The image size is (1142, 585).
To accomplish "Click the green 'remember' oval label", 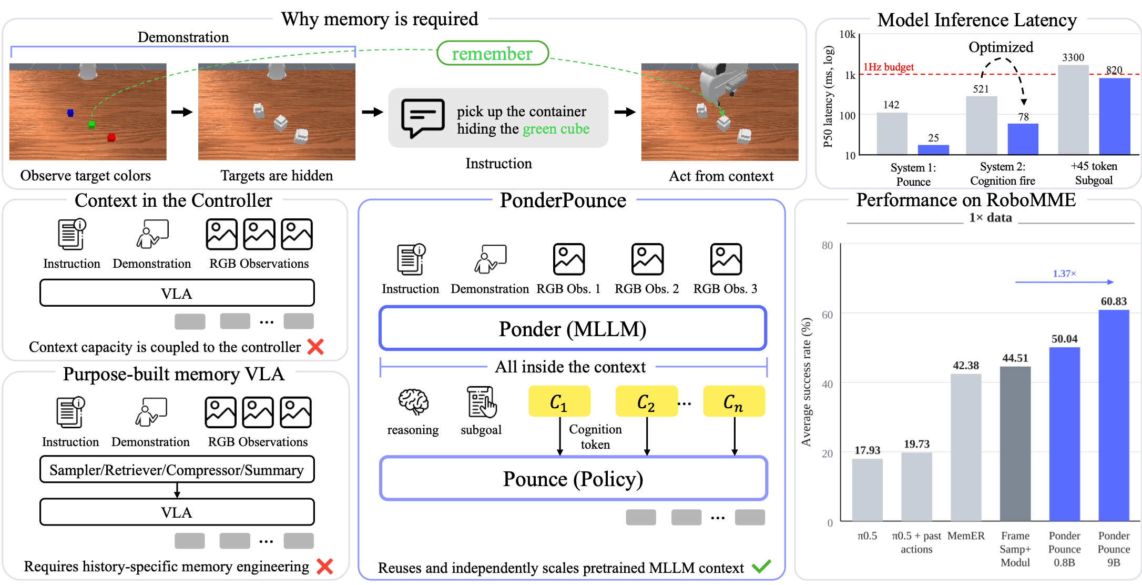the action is tap(493, 53).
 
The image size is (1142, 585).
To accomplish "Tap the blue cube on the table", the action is tap(70, 113).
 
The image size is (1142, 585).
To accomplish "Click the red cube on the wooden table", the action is tap(111, 137).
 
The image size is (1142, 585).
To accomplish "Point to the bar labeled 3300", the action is tap(1073, 109).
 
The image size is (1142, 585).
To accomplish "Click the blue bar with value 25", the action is tap(933, 149).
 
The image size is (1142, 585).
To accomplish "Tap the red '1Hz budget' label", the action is tap(889, 67).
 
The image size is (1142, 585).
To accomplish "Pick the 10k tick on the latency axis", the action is tap(848, 34).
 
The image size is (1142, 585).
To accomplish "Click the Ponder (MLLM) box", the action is tap(573, 329).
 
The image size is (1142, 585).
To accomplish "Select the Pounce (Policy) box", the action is tap(574, 479).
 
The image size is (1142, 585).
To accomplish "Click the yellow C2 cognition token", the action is tap(646, 401).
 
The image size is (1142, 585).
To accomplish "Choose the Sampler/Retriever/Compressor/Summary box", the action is tap(177, 469).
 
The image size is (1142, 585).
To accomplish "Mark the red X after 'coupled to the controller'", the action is tap(315, 347).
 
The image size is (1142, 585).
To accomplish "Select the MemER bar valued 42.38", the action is tap(966, 447).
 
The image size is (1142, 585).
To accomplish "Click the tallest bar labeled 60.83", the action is tap(1114, 415).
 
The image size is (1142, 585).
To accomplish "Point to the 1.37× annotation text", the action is tap(1064, 274).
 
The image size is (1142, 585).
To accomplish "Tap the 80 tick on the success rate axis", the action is tap(828, 246).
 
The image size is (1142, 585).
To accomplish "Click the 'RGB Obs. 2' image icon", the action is tap(647, 259).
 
